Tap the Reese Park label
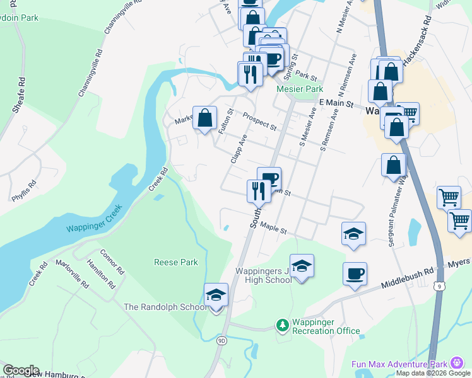click(176, 262)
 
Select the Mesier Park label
click(300, 89)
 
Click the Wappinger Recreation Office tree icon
click(283, 325)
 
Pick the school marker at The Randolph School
click(216, 295)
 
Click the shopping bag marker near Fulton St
click(204, 118)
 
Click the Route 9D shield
click(221, 341)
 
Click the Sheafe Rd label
click(18, 95)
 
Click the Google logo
click(21, 370)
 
